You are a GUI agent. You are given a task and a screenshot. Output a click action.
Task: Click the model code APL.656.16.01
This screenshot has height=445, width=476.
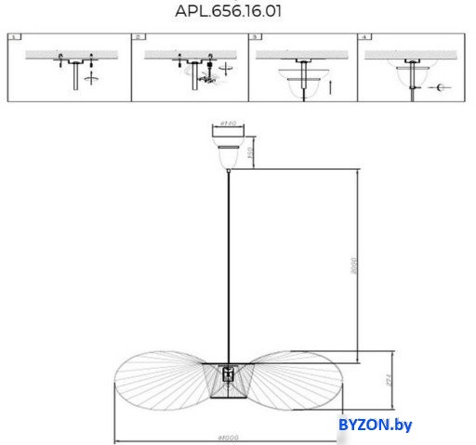(x=228, y=12)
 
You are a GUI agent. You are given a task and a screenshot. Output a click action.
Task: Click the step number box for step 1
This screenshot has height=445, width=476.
(x=14, y=38)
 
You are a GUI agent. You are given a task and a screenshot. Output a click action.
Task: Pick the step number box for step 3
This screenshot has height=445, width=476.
(x=254, y=38)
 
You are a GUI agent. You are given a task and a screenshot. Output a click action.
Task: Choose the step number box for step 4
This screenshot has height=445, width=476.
(x=364, y=38)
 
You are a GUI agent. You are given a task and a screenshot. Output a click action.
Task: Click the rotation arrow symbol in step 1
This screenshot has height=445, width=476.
(x=90, y=80)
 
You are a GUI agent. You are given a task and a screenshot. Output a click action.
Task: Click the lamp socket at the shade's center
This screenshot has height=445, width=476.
(x=228, y=378)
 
